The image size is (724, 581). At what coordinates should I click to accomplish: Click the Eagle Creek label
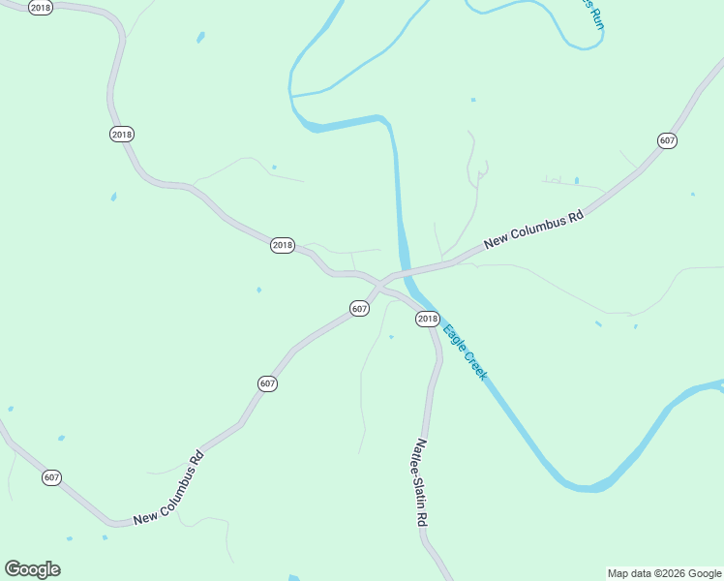(x=465, y=351)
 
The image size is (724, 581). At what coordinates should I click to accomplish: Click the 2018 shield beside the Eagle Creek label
(x=427, y=319)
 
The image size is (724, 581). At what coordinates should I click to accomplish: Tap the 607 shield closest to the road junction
(x=359, y=309)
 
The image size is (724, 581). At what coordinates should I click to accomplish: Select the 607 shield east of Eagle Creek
(x=667, y=140)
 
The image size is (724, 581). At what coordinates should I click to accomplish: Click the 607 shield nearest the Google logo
(x=52, y=477)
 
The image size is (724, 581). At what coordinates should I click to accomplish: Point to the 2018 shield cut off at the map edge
(x=40, y=8)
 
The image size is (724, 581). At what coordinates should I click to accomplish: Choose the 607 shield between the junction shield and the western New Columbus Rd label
(x=268, y=384)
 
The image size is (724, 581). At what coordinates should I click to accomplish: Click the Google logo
(x=32, y=569)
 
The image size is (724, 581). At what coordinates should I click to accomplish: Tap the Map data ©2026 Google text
(x=664, y=573)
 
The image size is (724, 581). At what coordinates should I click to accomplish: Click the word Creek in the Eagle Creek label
(x=473, y=363)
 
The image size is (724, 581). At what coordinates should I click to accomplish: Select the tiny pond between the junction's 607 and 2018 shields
(x=391, y=337)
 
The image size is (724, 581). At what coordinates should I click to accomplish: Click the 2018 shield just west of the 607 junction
(x=282, y=245)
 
